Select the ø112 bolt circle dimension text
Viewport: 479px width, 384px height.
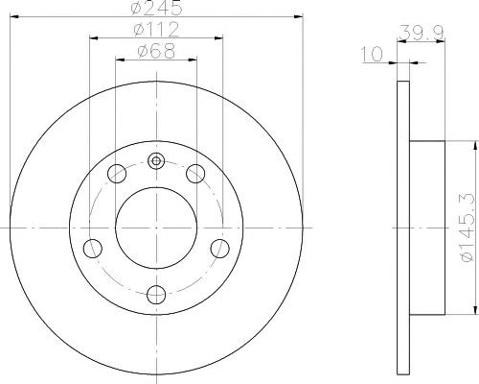click(156, 29)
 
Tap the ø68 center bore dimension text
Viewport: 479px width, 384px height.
click(156, 51)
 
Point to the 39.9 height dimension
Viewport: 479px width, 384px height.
click(422, 33)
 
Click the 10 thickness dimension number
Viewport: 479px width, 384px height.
click(372, 54)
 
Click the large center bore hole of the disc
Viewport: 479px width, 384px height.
click(156, 228)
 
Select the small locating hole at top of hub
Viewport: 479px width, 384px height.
click(156, 160)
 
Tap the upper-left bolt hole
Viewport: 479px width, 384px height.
click(117, 174)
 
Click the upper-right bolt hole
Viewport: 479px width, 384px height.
click(195, 174)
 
